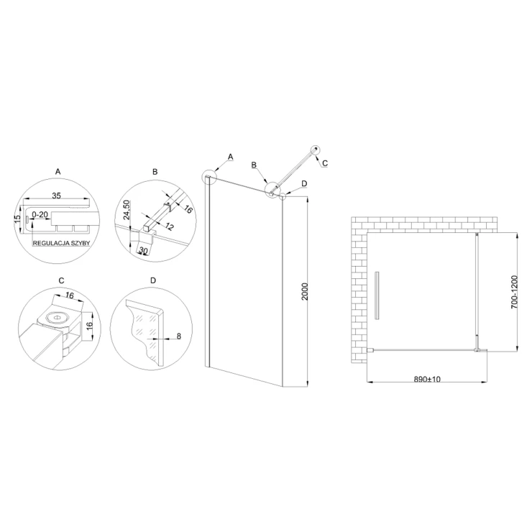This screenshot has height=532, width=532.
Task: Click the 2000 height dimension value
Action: [305, 291]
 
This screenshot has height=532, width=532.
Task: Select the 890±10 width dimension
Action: [427, 380]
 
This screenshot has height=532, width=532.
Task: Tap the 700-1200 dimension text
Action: [514, 292]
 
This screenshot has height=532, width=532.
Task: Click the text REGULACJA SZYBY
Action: [61, 243]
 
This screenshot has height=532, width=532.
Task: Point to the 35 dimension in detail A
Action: [57, 196]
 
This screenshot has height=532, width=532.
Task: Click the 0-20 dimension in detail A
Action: [40, 215]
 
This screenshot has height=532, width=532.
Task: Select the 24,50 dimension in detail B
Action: [127, 210]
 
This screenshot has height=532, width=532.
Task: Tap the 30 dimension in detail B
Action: [144, 251]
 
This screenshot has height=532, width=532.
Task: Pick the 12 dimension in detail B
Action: [169, 226]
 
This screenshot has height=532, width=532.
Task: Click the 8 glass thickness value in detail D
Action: [179, 336]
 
